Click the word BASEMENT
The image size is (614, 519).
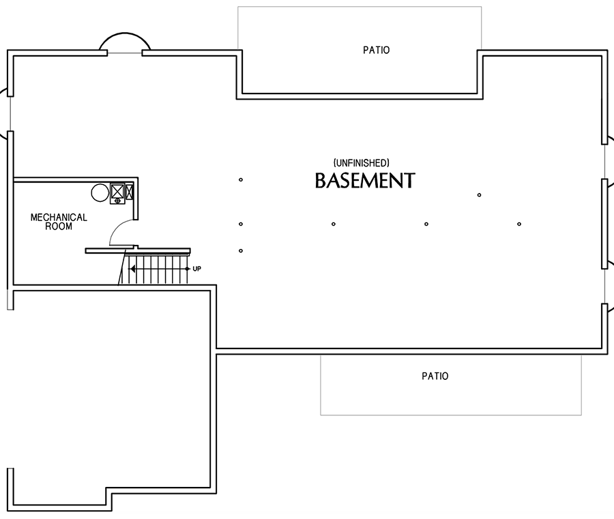(364, 181)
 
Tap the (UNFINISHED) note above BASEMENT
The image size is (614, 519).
(362, 162)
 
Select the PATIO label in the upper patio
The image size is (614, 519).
(376, 50)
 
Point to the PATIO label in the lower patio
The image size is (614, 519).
(435, 376)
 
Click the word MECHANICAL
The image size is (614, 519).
(59, 218)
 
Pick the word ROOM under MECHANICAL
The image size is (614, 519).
(59, 226)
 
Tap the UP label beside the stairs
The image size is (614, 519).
(196, 269)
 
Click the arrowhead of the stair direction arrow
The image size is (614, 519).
(133, 269)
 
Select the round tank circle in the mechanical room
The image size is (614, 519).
(100, 192)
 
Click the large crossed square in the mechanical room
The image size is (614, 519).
(117, 191)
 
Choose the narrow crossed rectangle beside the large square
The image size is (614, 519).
(130, 191)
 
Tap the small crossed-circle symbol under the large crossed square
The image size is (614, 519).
(117, 201)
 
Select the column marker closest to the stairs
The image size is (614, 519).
(241, 251)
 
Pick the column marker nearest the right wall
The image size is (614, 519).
(519, 224)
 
